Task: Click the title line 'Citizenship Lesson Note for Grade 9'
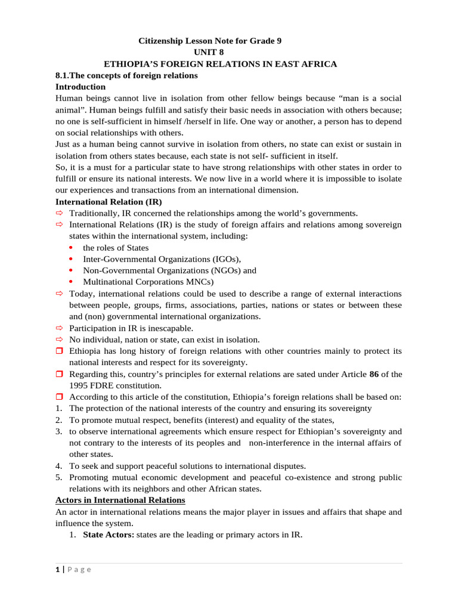[x=210, y=41]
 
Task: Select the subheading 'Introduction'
[x=81, y=87]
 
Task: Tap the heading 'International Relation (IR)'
[x=109, y=202]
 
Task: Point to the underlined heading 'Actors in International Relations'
[x=120, y=500]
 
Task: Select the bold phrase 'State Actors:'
[x=109, y=535]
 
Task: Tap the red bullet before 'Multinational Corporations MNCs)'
[x=72, y=282]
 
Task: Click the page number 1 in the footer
[x=57, y=569]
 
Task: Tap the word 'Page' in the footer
[x=79, y=569]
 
